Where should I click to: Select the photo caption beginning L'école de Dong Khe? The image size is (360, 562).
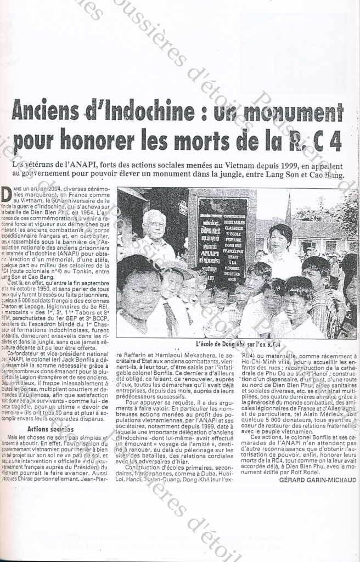[x=234, y=344]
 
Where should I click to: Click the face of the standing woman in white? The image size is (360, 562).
[x=280, y=238]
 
